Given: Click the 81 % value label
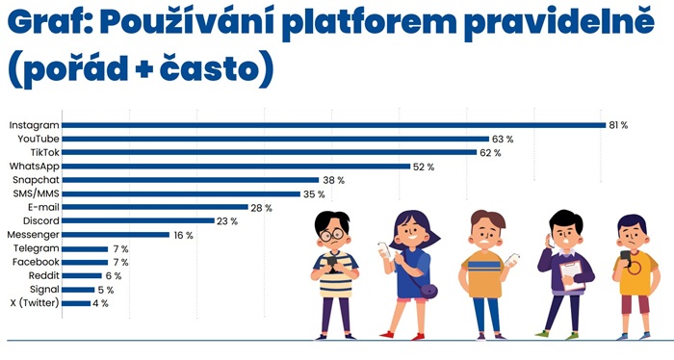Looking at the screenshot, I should pyautogui.click(x=618, y=125).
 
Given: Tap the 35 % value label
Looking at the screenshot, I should pyautogui.click(x=314, y=194).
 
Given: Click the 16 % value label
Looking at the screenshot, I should pyautogui.click(x=183, y=235).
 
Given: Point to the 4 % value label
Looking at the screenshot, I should pyautogui.click(x=100, y=303).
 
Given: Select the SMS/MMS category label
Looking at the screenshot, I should pyautogui.click(x=37, y=194).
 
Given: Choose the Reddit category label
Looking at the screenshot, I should pyautogui.click(x=43, y=276).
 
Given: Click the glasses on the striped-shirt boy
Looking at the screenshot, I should pyautogui.click(x=331, y=234).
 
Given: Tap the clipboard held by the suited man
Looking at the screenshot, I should pyautogui.click(x=572, y=273).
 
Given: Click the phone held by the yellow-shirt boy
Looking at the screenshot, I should pyautogui.click(x=624, y=257).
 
